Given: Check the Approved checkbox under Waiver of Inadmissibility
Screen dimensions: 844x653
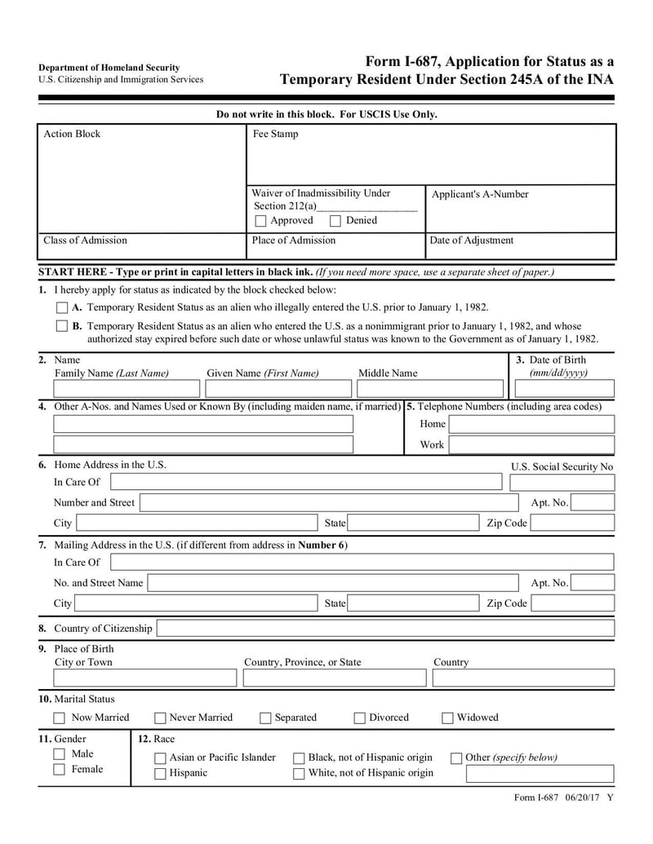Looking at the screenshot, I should (x=260, y=221).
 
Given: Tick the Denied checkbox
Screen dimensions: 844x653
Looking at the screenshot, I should (x=335, y=221).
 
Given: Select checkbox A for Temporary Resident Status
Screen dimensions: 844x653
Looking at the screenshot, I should (x=62, y=308).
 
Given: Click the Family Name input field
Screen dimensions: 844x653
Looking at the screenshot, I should (x=127, y=389).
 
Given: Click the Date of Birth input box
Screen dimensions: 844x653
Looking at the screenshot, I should (x=563, y=389).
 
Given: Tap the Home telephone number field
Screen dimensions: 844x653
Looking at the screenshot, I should (x=531, y=424).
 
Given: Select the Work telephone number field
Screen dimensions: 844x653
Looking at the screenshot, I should (x=531, y=445).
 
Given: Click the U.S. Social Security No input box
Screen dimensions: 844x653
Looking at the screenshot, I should (x=562, y=482).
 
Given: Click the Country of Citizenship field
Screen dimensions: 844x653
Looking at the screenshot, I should (x=384, y=629).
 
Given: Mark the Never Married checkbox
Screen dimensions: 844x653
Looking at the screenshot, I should (x=160, y=718).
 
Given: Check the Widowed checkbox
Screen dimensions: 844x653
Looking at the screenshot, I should (x=447, y=718).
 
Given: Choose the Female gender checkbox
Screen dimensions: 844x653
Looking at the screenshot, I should (x=60, y=770).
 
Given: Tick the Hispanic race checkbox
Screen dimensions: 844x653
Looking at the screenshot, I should (x=160, y=774).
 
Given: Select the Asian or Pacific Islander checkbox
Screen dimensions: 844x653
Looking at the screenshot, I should (x=160, y=758).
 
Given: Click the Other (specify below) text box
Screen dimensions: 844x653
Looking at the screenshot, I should (x=540, y=774).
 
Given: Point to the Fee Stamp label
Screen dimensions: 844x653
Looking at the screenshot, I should (x=275, y=135).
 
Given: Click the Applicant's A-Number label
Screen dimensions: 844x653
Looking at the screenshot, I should (x=479, y=195).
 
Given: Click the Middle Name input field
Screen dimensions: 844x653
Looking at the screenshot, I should (x=430, y=389).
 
